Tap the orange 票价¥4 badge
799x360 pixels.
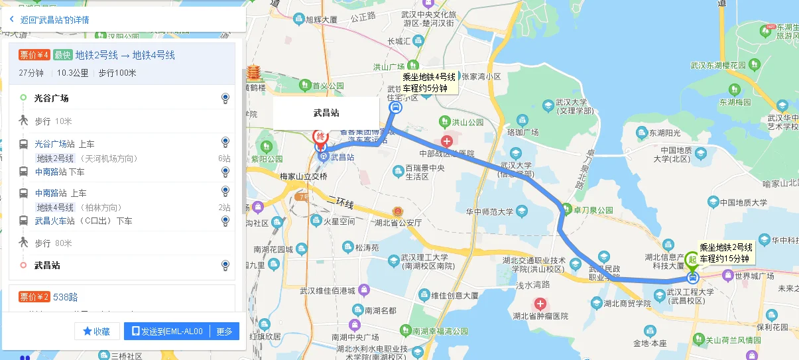pyautogui.click(x=34, y=55)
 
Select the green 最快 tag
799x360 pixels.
pyautogui.click(x=62, y=55)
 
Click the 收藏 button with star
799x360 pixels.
pyautogui.click(x=97, y=331)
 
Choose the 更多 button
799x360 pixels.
pyautogui.click(x=225, y=331)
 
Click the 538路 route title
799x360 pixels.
pyautogui.click(x=66, y=296)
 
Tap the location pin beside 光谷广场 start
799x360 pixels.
pyautogui.click(x=225, y=99)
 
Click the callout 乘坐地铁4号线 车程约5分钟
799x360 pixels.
pyautogui.click(x=429, y=82)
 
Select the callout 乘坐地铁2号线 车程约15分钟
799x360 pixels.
pyautogui.click(x=725, y=253)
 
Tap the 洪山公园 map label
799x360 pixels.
pyautogui.click(x=467, y=122)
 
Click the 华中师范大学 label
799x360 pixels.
pyautogui.click(x=489, y=212)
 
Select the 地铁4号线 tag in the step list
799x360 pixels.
pyautogui.click(x=55, y=208)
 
